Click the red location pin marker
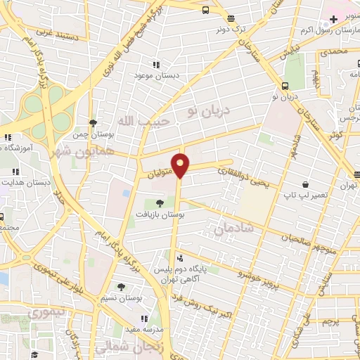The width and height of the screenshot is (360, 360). click(181, 165)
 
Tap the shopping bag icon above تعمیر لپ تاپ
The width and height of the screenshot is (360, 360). click(304, 184)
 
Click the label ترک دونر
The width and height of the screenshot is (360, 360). click(232, 30)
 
